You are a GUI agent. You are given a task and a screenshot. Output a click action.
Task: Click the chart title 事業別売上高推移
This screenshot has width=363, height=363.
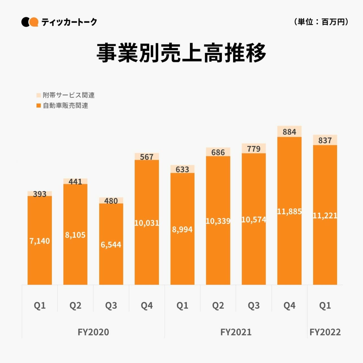click(x=181, y=53)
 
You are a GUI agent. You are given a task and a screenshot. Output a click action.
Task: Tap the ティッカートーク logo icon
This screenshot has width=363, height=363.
click(x=30, y=22)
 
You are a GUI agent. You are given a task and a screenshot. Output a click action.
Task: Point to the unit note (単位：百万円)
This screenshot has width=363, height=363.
click(x=321, y=22)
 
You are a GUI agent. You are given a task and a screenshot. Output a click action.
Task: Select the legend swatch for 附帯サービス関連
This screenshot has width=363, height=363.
click(x=39, y=95)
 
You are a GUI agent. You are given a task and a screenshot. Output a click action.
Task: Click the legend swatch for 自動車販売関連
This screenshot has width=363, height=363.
click(x=39, y=106)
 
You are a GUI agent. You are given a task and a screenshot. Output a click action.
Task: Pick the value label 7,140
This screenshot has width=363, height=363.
click(x=40, y=241)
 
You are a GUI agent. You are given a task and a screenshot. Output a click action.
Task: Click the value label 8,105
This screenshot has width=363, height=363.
click(x=75, y=235)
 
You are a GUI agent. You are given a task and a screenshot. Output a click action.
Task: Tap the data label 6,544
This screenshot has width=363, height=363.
click(x=111, y=244)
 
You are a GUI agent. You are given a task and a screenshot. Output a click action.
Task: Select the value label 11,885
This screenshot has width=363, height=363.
click(x=289, y=211)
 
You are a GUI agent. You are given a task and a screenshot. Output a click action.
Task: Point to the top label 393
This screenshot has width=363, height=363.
click(x=40, y=194)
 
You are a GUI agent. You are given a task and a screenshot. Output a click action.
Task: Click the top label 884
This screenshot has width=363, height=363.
click(x=289, y=132)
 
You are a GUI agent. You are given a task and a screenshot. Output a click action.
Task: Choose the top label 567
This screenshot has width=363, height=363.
click(x=146, y=157)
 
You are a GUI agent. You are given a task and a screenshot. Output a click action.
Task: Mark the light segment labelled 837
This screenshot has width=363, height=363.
click(x=325, y=140)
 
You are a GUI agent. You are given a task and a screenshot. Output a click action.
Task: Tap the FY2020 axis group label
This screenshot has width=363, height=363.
click(x=93, y=332)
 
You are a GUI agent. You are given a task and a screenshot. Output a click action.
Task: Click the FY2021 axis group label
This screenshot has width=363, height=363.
click(x=236, y=332)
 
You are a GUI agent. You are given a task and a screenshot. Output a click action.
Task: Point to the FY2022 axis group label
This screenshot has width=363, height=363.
click(x=325, y=332)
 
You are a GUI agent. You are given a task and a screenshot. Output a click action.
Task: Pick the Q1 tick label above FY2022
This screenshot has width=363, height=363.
click(x=325, y=305)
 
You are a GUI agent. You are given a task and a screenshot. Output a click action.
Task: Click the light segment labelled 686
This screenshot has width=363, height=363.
click(x=218, y=152)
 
